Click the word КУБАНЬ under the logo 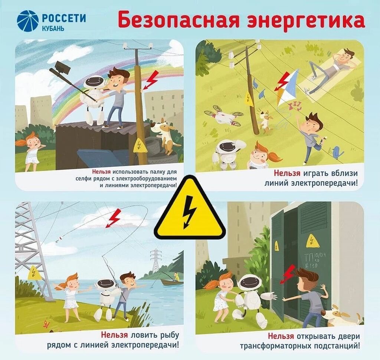click(53, 28)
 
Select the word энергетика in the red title click(306, 21)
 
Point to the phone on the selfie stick click(63, 67)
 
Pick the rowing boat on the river click(171, 282)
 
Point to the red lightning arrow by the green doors click(288, 274)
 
